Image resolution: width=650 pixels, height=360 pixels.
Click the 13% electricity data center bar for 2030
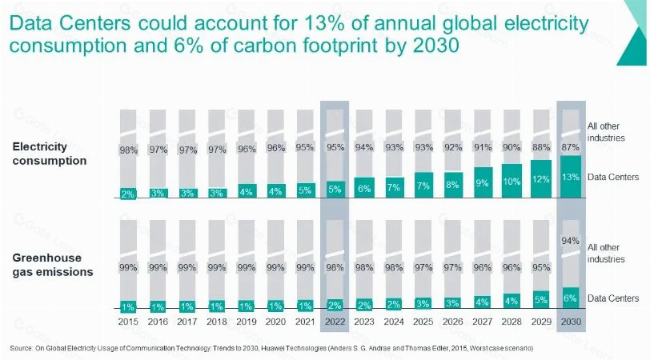[x=571, y=177]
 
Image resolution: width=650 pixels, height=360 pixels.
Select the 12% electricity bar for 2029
[x=541, y=179]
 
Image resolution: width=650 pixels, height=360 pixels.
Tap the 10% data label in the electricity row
[x=512, y=182]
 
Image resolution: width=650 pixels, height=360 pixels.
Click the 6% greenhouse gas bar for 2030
[x=571, y=298]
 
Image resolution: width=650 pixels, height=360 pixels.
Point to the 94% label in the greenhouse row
[x=571, y=241]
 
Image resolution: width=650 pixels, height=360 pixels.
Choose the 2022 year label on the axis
[x=335, y=322]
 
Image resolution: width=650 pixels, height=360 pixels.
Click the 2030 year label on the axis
[x=571, y=322]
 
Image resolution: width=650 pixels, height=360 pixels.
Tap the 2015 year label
[x=128, y=322]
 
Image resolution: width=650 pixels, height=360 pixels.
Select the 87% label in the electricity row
[x=571, y=147]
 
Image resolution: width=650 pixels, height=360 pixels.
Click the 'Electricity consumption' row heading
[x=50, y=154]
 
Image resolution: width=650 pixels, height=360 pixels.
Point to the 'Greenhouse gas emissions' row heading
[x=53, y=265]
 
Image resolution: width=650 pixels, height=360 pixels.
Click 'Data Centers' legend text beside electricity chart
[x=613, y=177]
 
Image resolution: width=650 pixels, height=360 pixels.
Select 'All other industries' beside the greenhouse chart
[x=606, y=253]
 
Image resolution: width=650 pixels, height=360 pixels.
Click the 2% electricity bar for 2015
[x=128, y=194]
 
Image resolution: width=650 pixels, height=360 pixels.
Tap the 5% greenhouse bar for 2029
[x=541, y=299]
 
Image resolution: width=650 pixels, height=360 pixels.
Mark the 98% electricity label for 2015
[x=129, y=150]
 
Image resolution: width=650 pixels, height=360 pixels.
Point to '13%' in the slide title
[x=323, y=23]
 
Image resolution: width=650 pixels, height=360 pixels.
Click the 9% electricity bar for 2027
[x=483, y=182]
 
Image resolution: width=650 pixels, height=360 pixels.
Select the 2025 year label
[x=423, y=322]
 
